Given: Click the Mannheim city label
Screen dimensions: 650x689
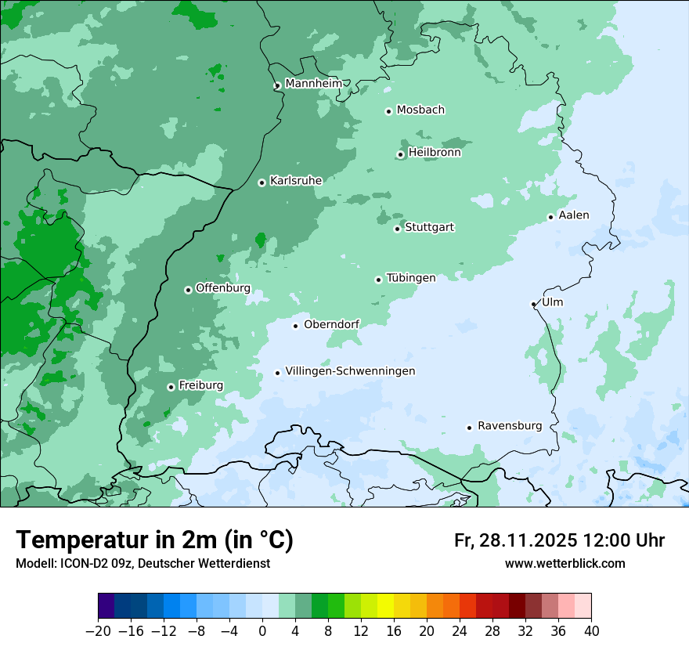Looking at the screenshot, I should (x=313, y=83).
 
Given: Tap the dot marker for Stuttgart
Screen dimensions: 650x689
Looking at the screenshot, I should (x=398, y=229).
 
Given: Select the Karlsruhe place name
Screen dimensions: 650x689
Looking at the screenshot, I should (x=296, y=180).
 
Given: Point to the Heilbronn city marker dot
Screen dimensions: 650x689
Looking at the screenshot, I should (x=401, y=154).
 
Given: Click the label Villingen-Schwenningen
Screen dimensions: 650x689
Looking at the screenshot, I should (x=350, y=371).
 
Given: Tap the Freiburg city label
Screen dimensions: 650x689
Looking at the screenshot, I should (x=200, y=385).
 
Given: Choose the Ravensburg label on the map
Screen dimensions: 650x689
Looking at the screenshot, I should (x=510, y=426).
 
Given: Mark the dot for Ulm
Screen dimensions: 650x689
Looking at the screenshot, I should (x=534, y=304).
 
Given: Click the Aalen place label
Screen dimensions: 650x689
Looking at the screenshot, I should (x=574, y=215).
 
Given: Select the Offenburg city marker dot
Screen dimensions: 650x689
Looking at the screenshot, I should (x=188, y=290).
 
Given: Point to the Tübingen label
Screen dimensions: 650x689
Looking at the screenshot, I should (x=411, y=278).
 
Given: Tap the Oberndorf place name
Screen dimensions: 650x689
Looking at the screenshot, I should (x=332, y=324).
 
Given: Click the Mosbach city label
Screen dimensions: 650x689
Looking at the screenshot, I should (x=420, y=110).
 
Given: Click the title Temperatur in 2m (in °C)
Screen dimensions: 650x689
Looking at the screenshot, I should (x=155, y=540).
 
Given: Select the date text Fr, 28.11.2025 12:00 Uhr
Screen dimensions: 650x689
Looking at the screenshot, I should (x=559, y=540).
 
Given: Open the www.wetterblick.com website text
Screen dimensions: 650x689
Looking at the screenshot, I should (x=565, y=563).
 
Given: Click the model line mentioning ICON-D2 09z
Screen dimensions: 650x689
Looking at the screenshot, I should (x=142, y=563).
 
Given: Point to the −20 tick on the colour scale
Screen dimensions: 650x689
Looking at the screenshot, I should (x=99, y=631).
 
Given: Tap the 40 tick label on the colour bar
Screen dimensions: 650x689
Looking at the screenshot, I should (x=591, y=631).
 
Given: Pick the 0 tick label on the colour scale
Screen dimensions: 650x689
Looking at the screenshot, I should (x=262, y=631).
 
